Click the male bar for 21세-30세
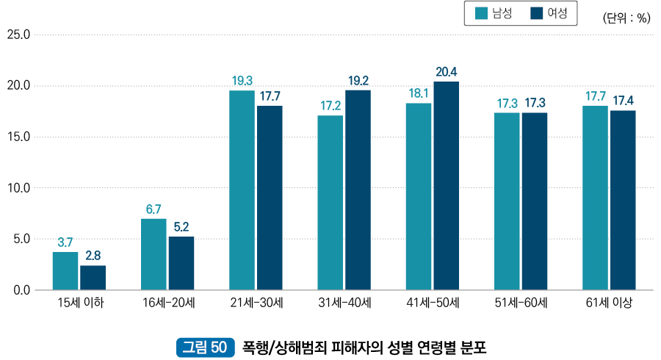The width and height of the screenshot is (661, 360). [242, 190]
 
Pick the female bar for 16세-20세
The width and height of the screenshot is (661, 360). [181, 262]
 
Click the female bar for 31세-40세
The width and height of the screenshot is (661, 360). [358, 190]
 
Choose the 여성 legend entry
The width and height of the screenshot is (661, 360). [548, 13]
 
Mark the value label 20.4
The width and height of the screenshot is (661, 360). [447, 72]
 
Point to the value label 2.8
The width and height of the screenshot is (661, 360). [93, 256]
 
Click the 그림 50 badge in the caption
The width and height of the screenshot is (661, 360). [204, 346]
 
